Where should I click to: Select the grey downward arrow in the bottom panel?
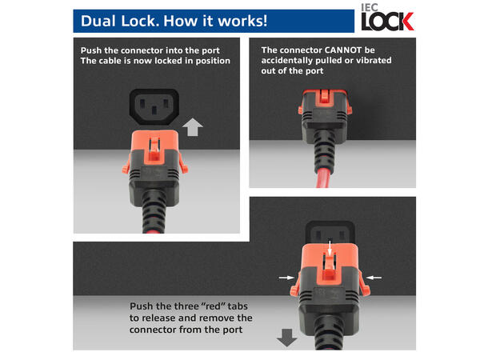(286, 338)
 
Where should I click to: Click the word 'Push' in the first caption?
(92, 50)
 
